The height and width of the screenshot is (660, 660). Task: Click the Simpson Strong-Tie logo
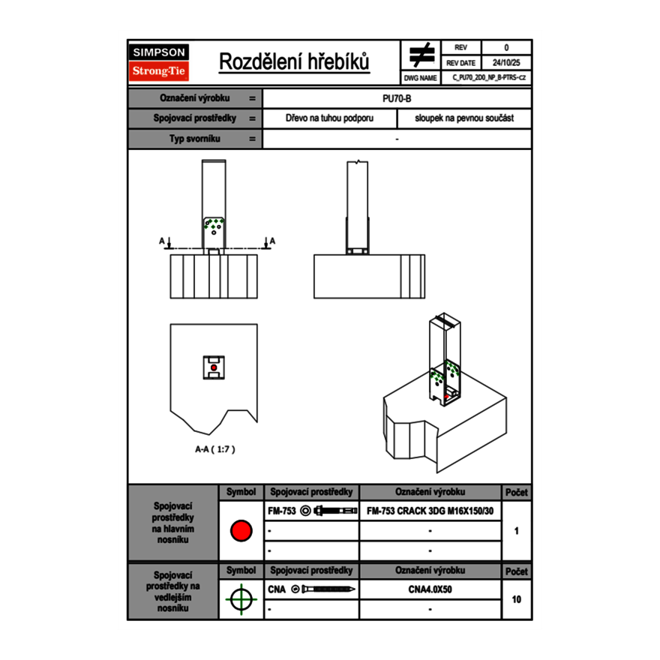coord(160,62)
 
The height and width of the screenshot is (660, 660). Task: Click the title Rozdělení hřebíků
coord(294,62)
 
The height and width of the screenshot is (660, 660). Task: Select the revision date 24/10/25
coord(505,63)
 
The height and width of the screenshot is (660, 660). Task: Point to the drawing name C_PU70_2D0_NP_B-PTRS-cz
coord(489,77)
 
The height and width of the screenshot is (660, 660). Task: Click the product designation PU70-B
coord(397,98)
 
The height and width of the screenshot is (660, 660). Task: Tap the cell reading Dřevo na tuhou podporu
coord(329,118)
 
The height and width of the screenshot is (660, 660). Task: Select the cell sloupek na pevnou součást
coord(464,118)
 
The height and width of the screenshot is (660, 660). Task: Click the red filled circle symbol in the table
coord(241,531)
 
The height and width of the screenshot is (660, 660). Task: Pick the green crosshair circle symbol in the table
coord(241,599)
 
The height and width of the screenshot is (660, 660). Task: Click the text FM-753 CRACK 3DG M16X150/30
coord(430,511)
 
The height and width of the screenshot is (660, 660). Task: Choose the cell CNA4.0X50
coord(430,589)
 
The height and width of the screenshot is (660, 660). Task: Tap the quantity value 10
coord(516,599)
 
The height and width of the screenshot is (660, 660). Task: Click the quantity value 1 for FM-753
coord(516,531)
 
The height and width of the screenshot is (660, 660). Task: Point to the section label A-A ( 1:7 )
coord(214,449)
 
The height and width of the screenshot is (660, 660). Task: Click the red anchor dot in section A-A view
coord(214,367)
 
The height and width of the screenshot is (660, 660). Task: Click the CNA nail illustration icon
coord(323,589)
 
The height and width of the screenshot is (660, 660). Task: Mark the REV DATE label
coord(460,63)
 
